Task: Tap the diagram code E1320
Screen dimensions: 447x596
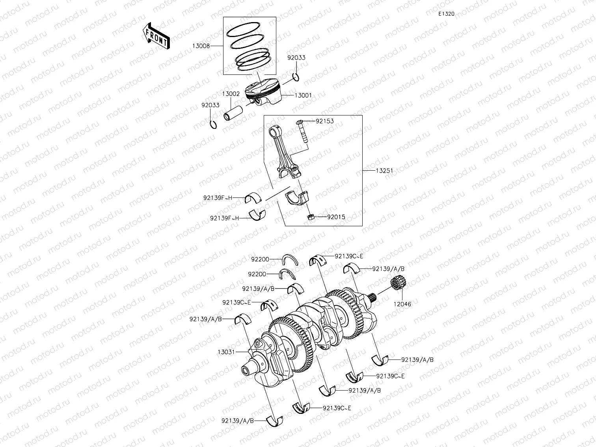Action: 446,14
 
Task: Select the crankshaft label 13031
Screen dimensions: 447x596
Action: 226,352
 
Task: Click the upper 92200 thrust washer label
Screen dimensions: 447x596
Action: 260,259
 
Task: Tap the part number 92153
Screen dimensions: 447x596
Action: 324,121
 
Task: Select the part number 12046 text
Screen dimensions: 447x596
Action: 402,304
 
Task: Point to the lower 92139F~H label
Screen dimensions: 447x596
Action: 224,218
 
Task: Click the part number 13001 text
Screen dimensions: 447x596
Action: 303,95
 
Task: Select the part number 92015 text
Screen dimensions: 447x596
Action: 336,217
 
